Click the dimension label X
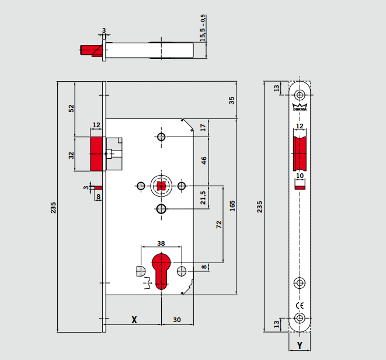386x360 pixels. [134, 319]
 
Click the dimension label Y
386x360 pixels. [300, 345]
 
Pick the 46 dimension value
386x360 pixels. [204, 160]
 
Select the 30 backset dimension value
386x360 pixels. [176, 319]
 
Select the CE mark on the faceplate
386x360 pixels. [300, 305]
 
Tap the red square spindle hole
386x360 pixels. [161, 186]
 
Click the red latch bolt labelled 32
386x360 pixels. [96, 154]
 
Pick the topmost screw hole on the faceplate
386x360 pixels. [300, 95]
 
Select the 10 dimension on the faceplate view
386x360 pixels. [300, 175]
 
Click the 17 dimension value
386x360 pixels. [203, 127]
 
